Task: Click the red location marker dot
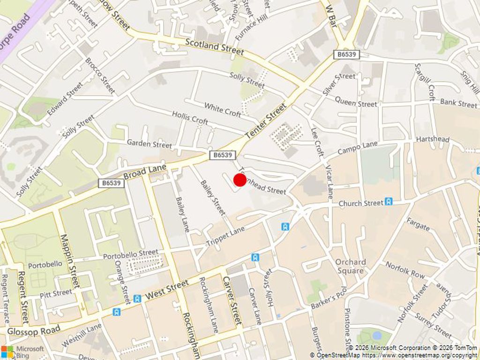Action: (x=240, y=180)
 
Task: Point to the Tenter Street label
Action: (x=265, y=121)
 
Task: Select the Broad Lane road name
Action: (x=145, y=172)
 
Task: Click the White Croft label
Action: (x=222, y=110)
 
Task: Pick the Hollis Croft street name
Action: (x=190, y=118)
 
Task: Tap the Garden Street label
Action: (x=150, y=144)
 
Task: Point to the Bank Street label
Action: (x=458, y=103)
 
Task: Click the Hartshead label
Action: (x=432, y=140)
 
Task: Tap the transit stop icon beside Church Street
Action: (x=389, y=202)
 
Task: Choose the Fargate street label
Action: (x=418, y=225)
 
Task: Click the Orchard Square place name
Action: (x=350, y=266)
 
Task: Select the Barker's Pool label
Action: (x=329, y=298)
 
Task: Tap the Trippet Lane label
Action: (x=225, y=237)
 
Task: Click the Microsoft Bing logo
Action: (x=22, y=352)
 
